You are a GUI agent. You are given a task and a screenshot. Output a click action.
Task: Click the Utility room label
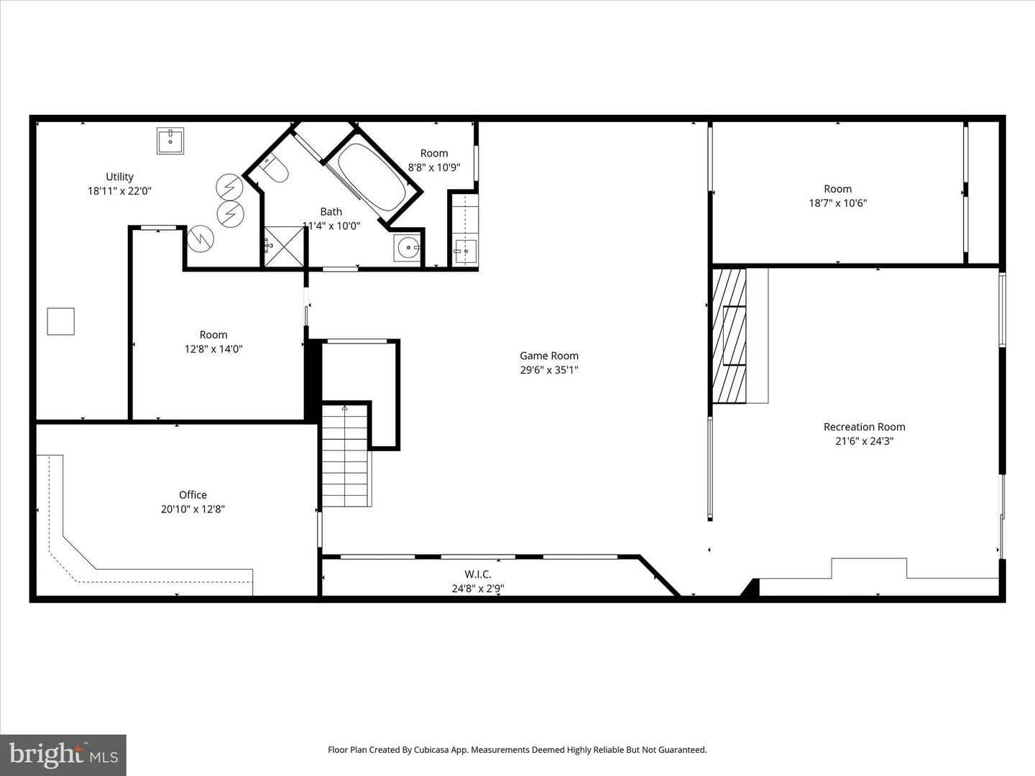tap(119, 177)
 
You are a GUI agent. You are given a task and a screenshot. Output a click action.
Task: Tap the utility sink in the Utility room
tap(170, 141)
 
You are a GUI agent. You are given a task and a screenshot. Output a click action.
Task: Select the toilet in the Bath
tap(274, 170)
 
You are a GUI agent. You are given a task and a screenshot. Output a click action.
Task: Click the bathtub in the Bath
tap(371, 177)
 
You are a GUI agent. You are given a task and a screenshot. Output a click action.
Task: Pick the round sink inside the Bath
tap(408, 248)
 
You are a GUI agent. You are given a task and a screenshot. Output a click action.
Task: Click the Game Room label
tap(549, 356)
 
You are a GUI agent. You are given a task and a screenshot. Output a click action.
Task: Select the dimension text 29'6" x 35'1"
tap(549, 370)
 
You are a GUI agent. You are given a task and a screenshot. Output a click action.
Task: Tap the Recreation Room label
tap(864, 427)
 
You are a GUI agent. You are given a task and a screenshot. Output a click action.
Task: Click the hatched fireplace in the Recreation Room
tap(729, 336)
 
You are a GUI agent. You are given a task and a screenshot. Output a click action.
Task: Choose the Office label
tap(193, 495)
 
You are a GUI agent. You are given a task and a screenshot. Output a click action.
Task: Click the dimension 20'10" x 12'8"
tap(193, 509)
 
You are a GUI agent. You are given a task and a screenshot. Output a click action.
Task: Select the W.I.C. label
tap(478, 574)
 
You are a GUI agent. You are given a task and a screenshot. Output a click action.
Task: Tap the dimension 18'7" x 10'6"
tap(837, 203)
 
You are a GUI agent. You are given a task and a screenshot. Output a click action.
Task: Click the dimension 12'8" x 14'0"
tap(213, 349)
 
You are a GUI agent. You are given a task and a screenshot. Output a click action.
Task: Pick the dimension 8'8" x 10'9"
tap(434, 167)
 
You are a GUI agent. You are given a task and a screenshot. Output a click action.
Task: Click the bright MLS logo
tap(63, 754)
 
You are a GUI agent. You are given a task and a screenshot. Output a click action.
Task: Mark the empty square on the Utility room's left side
tap(61, 321)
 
